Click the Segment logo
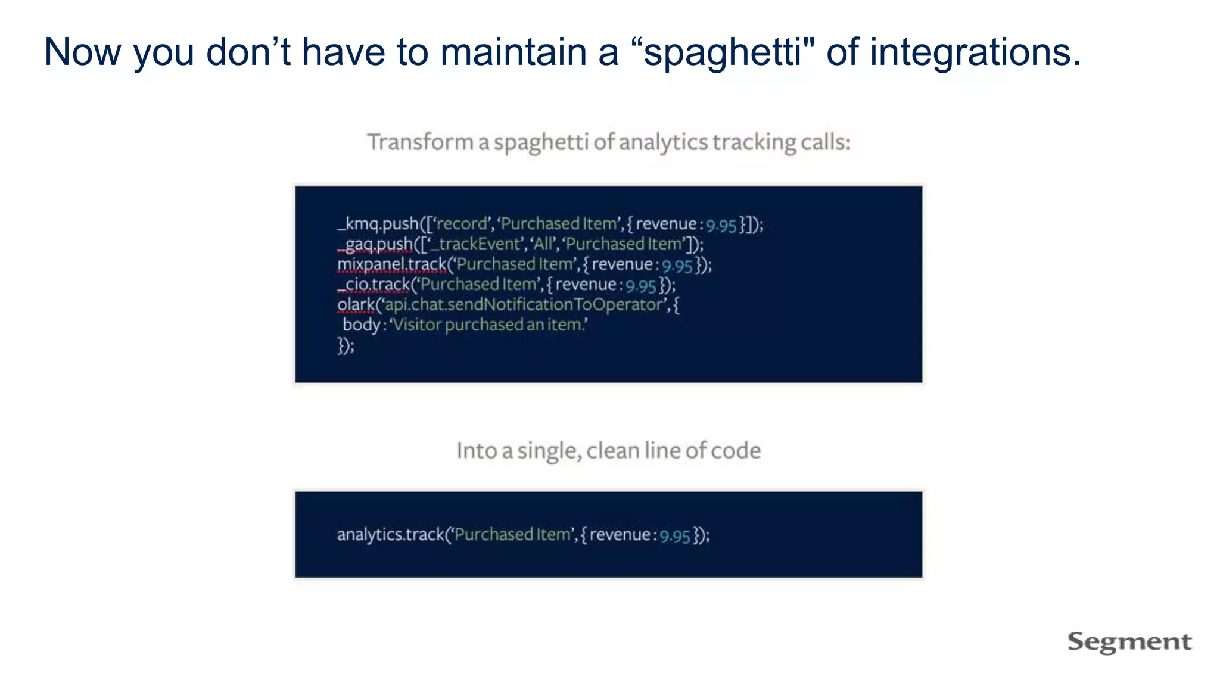[x=1129, y=642]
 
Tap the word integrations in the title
[x=974, y=52]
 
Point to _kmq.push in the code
[x=378, y=224]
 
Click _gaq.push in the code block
[x=375, y=244]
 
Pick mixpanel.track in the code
[x=392, y=264]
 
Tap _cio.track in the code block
[x=374, y=285]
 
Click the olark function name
[x=356, y=305]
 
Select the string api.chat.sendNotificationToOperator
[x=524, y=305]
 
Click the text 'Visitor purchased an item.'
[x=488, y=325]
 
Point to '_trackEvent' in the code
[x=475, y=244]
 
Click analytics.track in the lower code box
[x=391, y=535]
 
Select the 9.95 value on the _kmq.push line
[x=721, y=225]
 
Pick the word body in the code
[x=362, y=325]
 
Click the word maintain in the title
[x=513, y=52]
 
